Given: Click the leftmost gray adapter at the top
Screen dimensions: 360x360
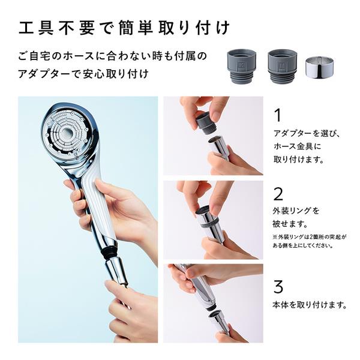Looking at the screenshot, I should pos(242,64).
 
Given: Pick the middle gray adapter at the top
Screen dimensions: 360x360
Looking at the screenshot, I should pos(282,64).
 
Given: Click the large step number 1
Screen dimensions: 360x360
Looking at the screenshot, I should pos(277,114).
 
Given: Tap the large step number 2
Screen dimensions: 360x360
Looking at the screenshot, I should pos(278,193).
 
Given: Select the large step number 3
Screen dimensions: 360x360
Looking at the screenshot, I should pos(278,284).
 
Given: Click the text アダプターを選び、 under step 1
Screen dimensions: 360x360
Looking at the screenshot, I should pos(307,133).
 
